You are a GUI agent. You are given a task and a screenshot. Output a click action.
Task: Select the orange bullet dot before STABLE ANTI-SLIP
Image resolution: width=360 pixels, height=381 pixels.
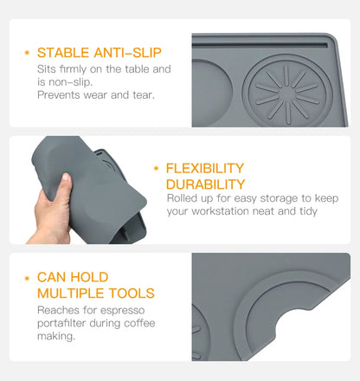(x=27, y=53)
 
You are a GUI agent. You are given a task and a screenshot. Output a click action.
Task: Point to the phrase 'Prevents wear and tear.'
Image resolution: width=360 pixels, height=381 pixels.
(x=95, y=94)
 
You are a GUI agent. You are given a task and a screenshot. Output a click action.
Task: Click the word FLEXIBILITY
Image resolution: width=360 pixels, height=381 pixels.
(x=204, y=168)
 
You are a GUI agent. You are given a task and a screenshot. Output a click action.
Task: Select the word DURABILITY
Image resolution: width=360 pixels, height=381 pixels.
(x=205, y=184)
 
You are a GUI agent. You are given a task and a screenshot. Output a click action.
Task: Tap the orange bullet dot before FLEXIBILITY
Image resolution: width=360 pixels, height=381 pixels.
(x=156, y=169)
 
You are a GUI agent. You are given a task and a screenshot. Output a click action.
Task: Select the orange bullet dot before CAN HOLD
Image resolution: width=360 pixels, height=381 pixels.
(x=27, y=278)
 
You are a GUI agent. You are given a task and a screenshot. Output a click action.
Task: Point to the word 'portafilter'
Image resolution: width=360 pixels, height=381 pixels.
(x=63, y=323)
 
